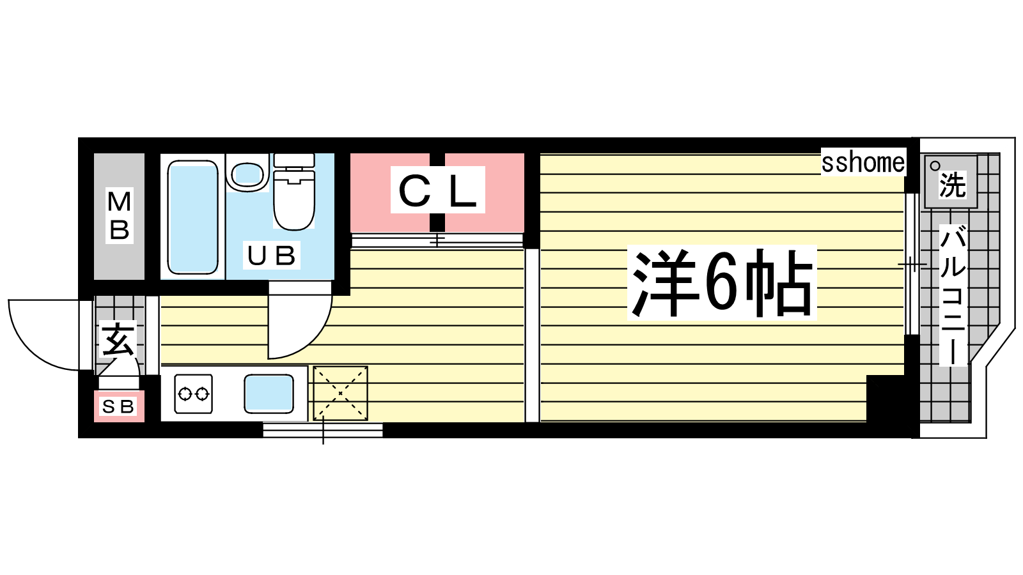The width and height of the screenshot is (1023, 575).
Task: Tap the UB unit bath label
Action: point(271,255)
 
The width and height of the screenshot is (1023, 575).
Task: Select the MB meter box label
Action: point(119,215)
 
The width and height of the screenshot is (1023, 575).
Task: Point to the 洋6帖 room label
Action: point(722,283)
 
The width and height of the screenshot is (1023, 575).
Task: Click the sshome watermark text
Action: point(863,162)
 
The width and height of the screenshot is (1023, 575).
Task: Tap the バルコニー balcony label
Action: point(953,296)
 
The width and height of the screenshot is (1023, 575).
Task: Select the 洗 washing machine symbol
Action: point(951,181)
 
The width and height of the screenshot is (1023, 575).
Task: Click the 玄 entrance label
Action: point(118,339)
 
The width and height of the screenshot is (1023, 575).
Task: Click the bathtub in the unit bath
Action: point(192,217)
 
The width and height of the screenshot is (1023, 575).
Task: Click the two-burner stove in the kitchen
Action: point(194,394)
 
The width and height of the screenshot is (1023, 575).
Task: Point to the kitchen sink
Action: point(269,394)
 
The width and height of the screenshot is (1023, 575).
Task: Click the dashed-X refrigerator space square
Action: point(340,393)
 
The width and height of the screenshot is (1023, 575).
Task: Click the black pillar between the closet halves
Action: point(437,192)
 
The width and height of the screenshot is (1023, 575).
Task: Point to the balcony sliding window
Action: point(912,264)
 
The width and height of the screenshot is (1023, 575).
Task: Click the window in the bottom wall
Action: point(323,430)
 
